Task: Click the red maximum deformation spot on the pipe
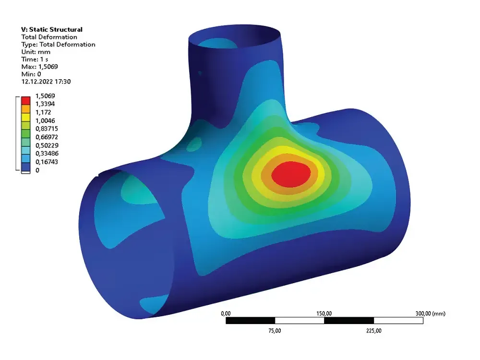291,174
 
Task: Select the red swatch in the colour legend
26,101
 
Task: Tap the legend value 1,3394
45,104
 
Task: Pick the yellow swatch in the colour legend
26,117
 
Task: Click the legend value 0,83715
47,129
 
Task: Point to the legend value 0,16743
47,162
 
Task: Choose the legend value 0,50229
47,145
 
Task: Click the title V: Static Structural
52,29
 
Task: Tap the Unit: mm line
36,52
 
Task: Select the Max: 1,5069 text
39,67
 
